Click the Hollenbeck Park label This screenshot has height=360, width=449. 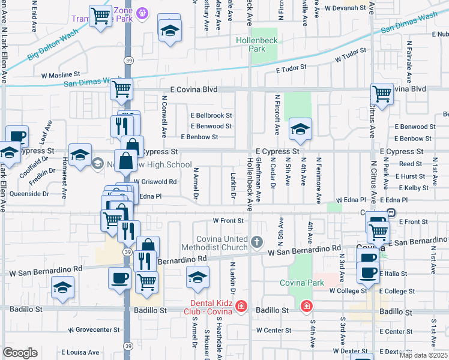(266, 44)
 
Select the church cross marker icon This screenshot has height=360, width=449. (257, 242)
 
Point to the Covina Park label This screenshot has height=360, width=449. (301, 282)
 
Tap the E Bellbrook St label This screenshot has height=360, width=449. (211, 115)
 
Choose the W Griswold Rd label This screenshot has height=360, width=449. (155, 181)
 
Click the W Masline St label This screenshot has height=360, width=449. (61, 75)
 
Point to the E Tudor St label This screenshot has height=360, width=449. (292, 68)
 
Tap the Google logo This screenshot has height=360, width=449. (20, 353)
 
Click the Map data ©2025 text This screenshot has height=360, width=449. (423, 356)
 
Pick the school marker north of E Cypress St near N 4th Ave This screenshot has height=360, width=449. (300, 128)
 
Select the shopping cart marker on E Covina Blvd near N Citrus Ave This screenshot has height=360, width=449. (382, 94)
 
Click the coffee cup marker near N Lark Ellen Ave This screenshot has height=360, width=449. (17, 136)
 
